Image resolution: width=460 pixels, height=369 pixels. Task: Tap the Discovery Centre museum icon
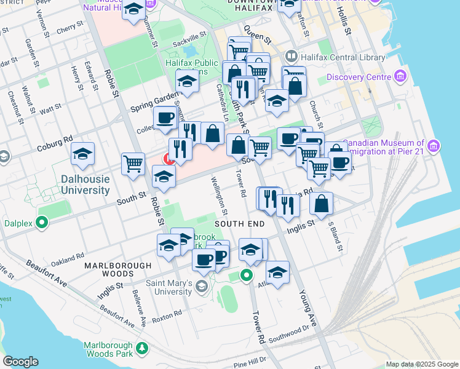pyautogui.click(x=401, y=77)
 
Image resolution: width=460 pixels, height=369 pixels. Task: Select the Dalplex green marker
pyautogui.click(x=42, y=222)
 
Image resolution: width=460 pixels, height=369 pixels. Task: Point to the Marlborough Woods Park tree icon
pyautogui.click(x=143, y=348)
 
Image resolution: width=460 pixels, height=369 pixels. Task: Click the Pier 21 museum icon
pyautogui.click(x=434, y=146)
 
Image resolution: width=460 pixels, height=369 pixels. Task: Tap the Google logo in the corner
pyautogui.click(x=20, y=362)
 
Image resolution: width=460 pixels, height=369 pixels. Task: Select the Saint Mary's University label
pyautogui.click(x=168, y=287)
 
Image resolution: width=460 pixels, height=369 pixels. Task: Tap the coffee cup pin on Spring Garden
pyautogui.click(x=165, y=117)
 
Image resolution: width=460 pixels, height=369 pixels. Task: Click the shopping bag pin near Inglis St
pyautogui.click(x=321, y=204)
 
